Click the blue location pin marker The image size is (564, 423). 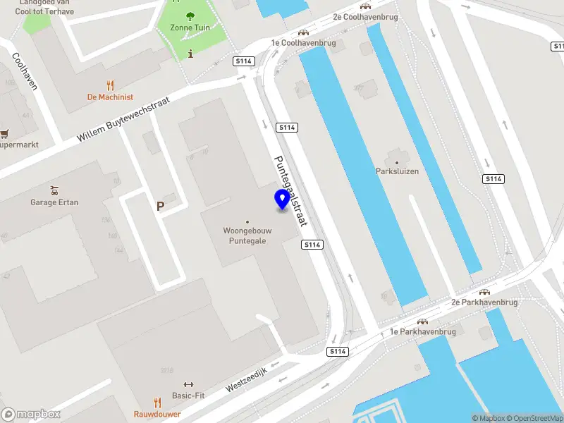tap(282, 200)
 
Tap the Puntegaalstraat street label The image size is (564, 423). tap(290, 190)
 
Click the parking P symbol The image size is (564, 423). tap(161, 207)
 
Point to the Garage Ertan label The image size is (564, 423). tap(54, 202)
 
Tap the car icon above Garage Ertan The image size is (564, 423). tap(54, 190)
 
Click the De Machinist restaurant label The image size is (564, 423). tap(110, 97)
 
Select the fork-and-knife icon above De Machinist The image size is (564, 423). tap(110, 85)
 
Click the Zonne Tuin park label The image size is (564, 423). tap(190, 28)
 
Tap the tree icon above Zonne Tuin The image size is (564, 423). tap(190, 16)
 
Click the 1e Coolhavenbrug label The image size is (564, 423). tap(304, 43)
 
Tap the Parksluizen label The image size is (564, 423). tap(397, 171)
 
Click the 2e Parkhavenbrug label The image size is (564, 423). tap(484, 302)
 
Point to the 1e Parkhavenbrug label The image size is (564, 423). tap(423, 331)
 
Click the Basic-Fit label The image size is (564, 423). tap(188, 396)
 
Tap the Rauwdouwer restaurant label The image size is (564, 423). tap(157, 414)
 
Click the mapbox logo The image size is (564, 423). tap(31, 415)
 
